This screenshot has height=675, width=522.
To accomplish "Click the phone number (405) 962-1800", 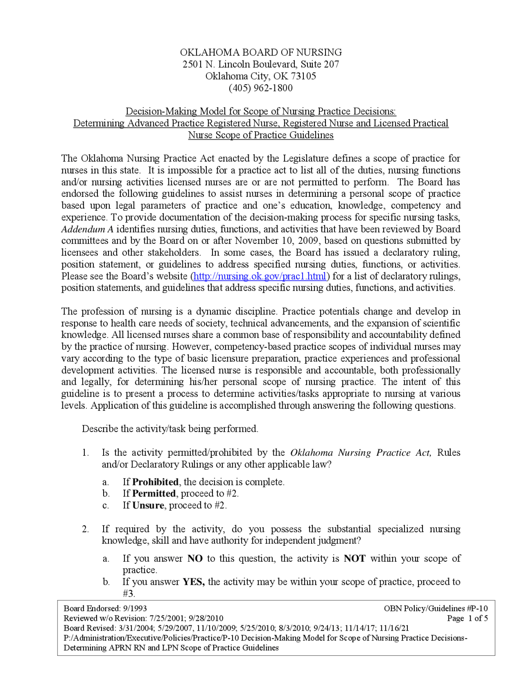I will pos(261,88).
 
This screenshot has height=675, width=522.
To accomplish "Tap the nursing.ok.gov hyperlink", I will pos(260,276).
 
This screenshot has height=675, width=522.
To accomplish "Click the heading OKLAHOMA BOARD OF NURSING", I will pos(261,53).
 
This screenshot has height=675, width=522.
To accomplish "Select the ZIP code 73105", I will pos(303,76).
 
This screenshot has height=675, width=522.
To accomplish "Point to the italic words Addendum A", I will pos(87,229).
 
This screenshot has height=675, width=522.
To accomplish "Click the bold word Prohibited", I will pos(155,482).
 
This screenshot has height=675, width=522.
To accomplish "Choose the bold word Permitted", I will pos(154,494).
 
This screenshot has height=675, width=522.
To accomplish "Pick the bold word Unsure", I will pos(148,505).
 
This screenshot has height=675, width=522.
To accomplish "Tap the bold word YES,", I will pos(193,582).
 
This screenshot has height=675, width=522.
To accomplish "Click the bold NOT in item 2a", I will pos(354,558).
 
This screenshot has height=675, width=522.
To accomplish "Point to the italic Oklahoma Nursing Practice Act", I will pos(360,453).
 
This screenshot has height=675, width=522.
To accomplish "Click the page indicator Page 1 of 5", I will pos(467,618).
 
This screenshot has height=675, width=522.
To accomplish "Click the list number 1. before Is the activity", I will pos(85,453).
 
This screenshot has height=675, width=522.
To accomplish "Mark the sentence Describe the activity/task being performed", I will pos(170,429).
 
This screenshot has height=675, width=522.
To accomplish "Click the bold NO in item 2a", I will pos(195,558).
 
